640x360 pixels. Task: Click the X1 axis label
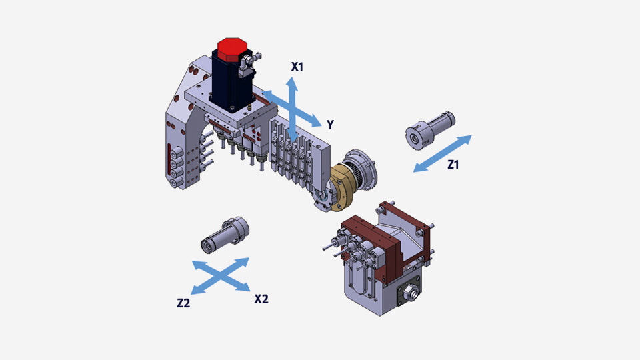[297, 67]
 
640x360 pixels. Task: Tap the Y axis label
[330, 125]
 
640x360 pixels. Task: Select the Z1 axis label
[453, 165]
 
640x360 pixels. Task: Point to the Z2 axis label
[183, 303]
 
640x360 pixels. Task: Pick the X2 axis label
[261, 299]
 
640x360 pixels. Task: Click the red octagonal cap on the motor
[232, 49]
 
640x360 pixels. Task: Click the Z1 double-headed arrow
[443, 153]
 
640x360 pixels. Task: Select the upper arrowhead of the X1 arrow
[291, 83]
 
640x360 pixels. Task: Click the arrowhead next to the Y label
[315, 121]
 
